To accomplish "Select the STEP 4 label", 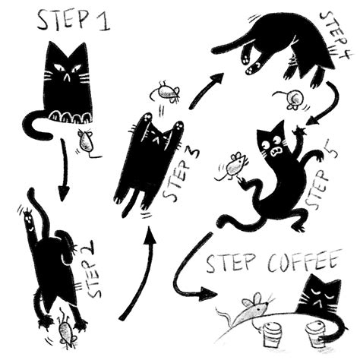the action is tap(335, 36).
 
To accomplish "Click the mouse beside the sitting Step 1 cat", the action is tap(87, 144).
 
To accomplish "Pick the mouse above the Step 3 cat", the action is tap(166, 92).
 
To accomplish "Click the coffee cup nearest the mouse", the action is tap(273, 334).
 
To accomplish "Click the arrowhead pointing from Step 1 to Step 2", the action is tap(64, 193).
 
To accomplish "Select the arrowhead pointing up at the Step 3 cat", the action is tap(150, 235).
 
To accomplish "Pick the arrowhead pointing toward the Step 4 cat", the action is tap(218, 77).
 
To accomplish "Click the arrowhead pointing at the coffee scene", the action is tap(208, 294).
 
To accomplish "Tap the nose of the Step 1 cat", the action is tap(66, 77).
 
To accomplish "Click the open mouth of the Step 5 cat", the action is tap(276, 152).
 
